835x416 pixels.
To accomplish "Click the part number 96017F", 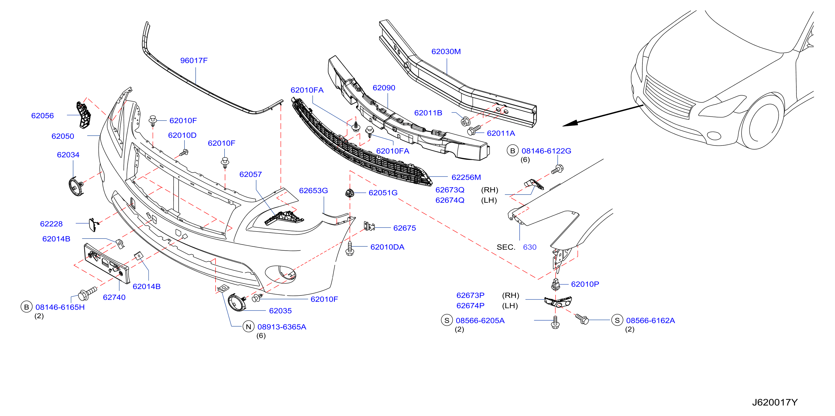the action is pyautogui.click(x=193, y=60).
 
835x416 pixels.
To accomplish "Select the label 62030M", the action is pyautogui.click(x=446, y=51).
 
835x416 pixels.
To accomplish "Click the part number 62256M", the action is pyautogui.click(x=466, y=177).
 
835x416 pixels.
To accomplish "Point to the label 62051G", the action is pyautogui.click(x=383, y=193).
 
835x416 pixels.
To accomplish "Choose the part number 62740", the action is pyautogui.click(x=114, y=297).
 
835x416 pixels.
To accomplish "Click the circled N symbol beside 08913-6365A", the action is pyautogui.click(x=248, y=327).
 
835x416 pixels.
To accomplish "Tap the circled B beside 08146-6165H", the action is pyautogui.click(x=26, y=307).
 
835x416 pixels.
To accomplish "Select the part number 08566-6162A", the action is pyautogui.click(x=650, y=320).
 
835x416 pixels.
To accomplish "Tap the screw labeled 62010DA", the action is pyautogui.click(x=349, y=248).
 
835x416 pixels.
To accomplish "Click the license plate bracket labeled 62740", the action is pyautogui.click(x=107, y=263).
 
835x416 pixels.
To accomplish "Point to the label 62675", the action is pyautogui.click(x=404, y=228).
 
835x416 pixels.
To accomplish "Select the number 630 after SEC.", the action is pyautogui.click(x=529, y=247).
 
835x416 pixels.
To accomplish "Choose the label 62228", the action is pyautogui.click(x=51, y=224).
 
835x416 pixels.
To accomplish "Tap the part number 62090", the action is pyautogui.click(x=384, y=88).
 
